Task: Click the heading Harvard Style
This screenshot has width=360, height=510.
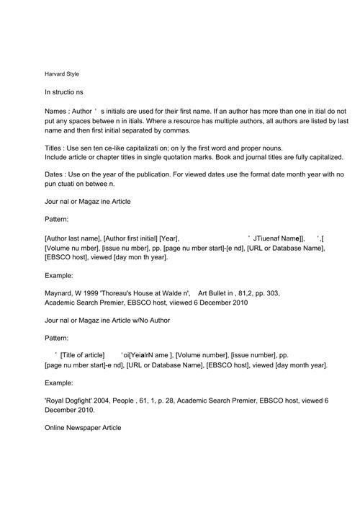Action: point(61,74)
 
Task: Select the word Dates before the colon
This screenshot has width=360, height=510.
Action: point(54,175)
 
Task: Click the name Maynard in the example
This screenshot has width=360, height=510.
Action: point(59,293)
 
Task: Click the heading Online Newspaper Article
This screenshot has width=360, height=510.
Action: point(83,428)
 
